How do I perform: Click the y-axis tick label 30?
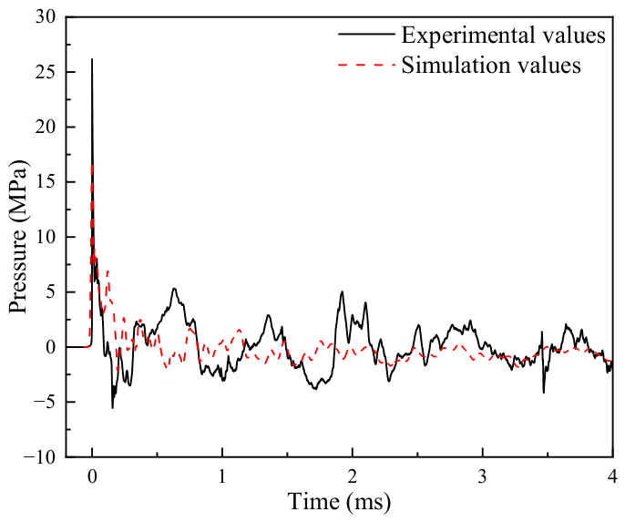tap(45, 17)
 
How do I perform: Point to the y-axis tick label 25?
tap(45, 73)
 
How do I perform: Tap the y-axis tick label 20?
tap(45, 128)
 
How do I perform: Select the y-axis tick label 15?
tap(45, 182)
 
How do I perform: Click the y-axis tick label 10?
tap(45, 238)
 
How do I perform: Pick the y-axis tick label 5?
tap(50, 292)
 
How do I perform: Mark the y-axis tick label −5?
tap(45, 403)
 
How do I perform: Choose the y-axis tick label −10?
tap(40, 457)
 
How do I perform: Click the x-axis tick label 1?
tap(222, 476)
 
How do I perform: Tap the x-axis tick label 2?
tap(353, 476)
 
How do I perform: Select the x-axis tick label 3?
tap(483, 476)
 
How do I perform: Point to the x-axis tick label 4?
tap(613, 476)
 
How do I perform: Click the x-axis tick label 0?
tap(92, 476)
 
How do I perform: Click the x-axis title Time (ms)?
tap(339, 502)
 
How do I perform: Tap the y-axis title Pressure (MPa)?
tap(19, 237)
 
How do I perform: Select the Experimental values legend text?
tap(504, 35)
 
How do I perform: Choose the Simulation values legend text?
tap(491, 65)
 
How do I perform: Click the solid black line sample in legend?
tap(366, 35)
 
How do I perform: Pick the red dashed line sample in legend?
tap(366, 65)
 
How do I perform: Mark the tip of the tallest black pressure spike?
tap(92, 59)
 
